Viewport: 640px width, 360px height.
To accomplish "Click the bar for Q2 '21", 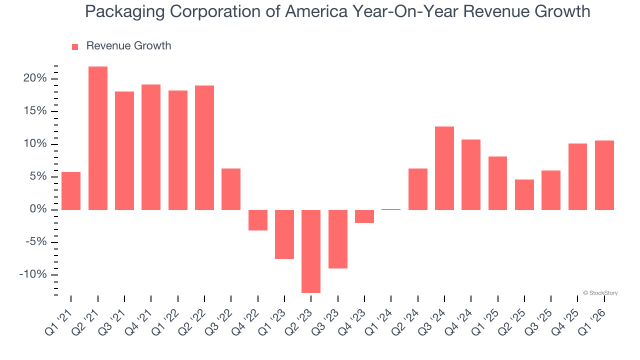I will (97, 138).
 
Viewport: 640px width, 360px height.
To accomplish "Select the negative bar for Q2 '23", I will (311, 251).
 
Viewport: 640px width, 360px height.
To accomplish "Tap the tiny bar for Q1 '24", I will (391, 209).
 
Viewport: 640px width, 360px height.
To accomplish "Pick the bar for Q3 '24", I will (444, 168).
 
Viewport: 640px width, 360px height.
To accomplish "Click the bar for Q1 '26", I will (604, 175).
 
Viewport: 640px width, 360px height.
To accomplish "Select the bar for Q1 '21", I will (71, 190).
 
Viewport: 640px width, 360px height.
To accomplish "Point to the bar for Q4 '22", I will (258, 220).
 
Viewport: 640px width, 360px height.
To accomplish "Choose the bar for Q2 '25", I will (524, 194).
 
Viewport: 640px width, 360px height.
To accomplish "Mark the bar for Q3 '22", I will (231, 189).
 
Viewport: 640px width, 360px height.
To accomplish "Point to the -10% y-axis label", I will (33, 275).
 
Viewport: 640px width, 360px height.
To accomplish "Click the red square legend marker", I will (75, 47).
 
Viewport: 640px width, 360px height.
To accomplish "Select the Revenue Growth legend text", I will (128, 46).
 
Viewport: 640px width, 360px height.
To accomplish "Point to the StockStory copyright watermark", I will (600, 293).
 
